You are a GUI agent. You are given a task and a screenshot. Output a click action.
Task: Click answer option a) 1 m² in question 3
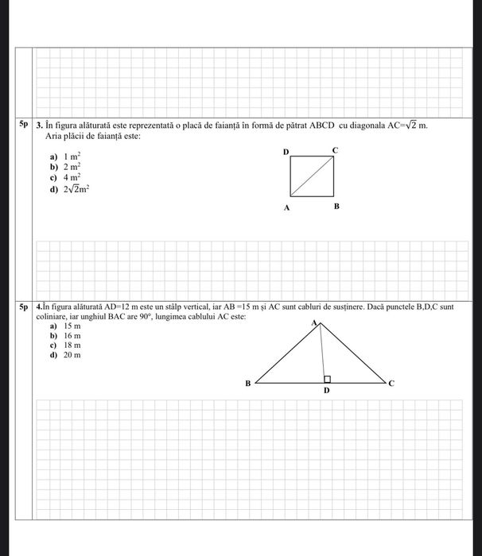(67, 159)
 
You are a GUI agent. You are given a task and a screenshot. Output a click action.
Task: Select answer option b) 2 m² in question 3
(67, 168)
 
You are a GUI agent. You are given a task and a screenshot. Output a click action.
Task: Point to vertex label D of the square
(286, 151)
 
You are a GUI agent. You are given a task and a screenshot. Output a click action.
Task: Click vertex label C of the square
(335, 149)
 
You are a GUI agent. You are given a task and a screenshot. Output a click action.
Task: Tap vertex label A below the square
(286, 207)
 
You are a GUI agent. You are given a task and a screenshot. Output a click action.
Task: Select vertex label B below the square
(336, 207)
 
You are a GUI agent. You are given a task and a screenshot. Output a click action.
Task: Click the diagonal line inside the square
(311, 177)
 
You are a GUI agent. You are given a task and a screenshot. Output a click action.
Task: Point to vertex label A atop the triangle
(314, 322)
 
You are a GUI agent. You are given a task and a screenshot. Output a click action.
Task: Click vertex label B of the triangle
(247, 383)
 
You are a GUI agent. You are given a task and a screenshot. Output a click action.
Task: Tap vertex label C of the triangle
(391, 383)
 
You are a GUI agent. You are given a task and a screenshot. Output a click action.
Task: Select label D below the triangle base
(325, 392)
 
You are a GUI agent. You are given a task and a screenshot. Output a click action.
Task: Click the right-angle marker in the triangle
(327, 379)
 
